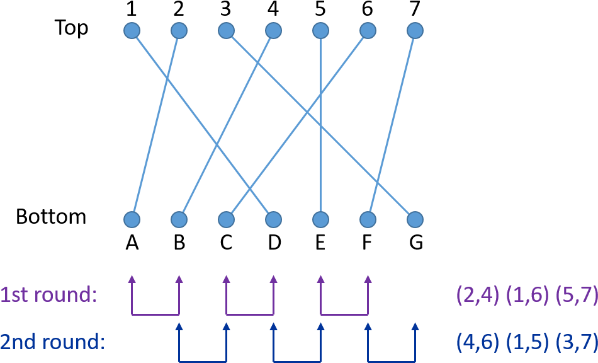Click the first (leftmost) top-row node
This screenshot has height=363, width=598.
click(x=132, y=30)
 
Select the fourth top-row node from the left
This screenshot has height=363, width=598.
click(x=273, y=30)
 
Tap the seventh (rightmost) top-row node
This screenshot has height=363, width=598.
click(x=415, y=30)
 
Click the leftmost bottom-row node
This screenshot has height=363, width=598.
click(x=132, y=219)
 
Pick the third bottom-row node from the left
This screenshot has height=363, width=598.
click(x=226, y=219)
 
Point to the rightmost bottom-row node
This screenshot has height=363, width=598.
click(x=415, y=219)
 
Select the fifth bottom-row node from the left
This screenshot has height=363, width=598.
click(x=320, y=219)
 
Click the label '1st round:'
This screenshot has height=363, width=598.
click(x=48, y=295)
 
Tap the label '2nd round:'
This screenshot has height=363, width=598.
click(x=52, y=342)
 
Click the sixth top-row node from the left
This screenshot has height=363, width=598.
click(x=368, y=30)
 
